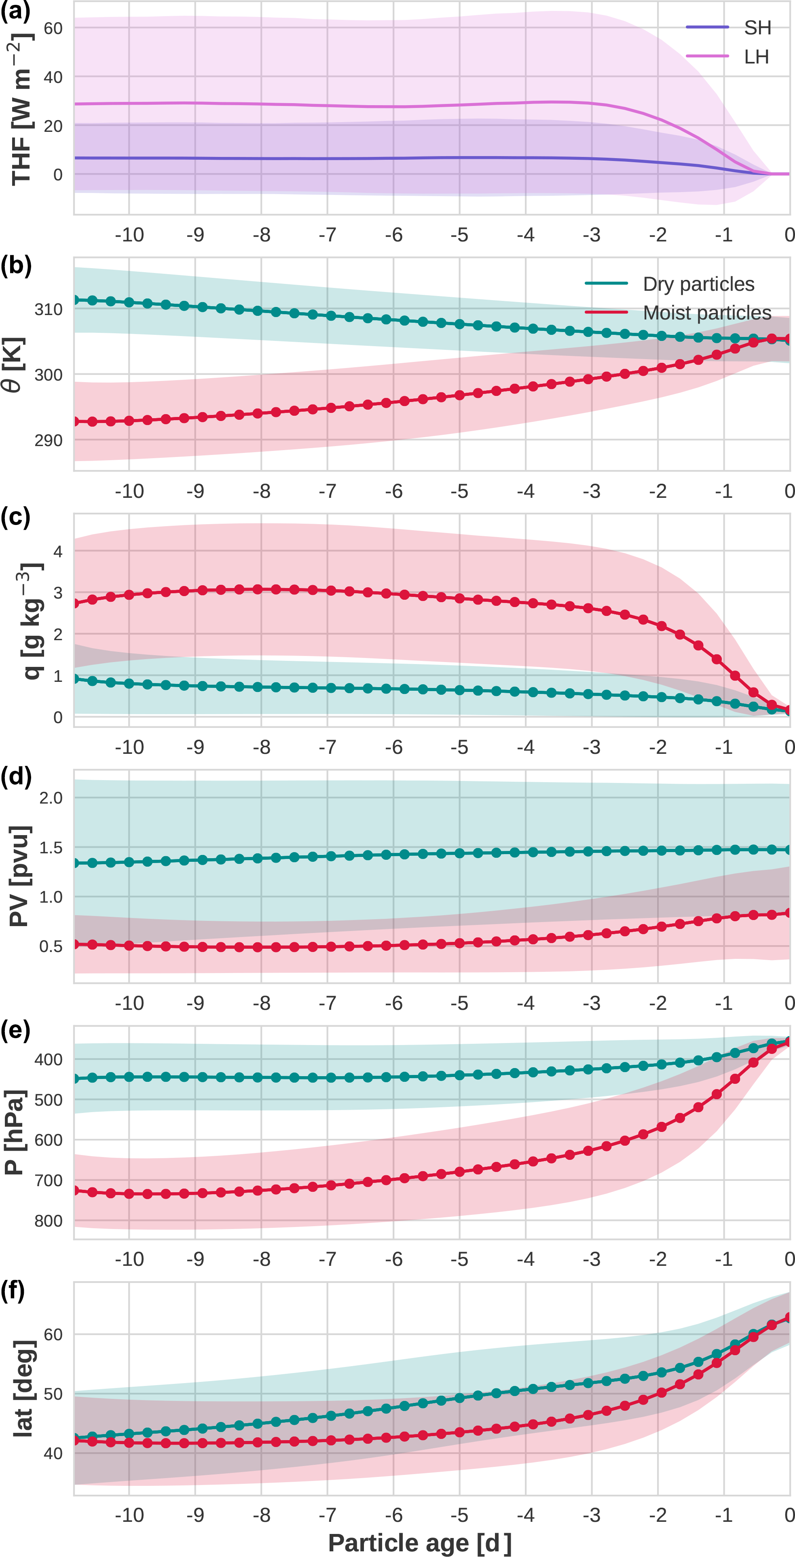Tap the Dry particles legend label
(698, 284)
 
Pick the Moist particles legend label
(707, 313)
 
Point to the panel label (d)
(16, 776)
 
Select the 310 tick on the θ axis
(49, 309)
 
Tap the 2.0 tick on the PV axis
(51, 798)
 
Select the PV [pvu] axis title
(19, 876)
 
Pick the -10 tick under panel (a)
(129, 235)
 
